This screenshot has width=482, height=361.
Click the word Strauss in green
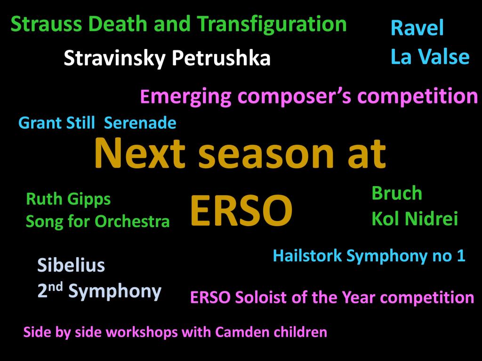(46, 24)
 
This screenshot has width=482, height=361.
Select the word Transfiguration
(272, 24)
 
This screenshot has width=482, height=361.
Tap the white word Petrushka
(221, 58)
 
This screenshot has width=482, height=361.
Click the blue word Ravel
(417, 28)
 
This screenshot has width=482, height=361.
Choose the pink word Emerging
(185, 97)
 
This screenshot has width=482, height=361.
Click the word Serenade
(140, 123)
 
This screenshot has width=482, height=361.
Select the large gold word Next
(140, 153)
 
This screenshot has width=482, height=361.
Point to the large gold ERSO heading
(241, 211)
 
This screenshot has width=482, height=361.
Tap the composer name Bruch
(397, 193)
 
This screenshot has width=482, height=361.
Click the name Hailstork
(307, 255)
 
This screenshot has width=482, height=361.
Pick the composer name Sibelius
(71, 265)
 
